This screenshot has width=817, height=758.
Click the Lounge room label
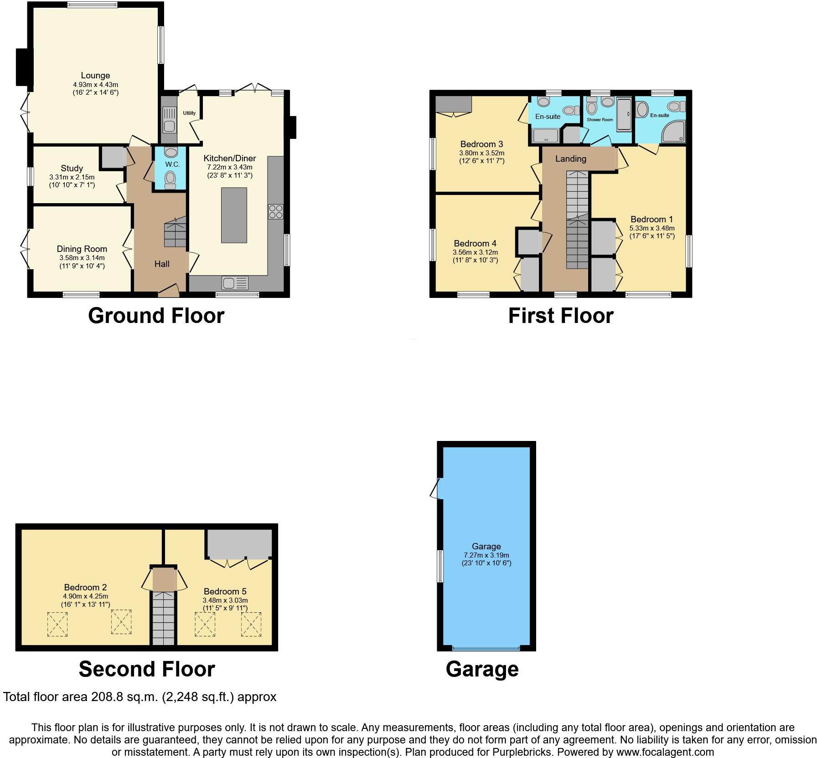[x=95, y=76]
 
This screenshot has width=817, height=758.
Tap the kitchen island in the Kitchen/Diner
[x=234, y=215]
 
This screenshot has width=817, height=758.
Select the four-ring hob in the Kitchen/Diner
[x=276, y=211]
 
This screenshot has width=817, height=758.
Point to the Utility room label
[x=189, y=113]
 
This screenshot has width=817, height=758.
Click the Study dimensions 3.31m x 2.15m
[x=72, y=177]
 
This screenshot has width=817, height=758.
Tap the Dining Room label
[x=82, y=249]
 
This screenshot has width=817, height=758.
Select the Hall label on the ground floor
[x=162, y=264]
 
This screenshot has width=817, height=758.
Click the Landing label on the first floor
[x=570, y=159]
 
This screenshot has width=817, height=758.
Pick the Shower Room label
[x=600, y=120]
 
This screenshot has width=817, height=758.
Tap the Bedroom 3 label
[x=481, y=144]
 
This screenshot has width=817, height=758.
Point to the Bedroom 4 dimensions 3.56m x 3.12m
[x=475, y=252]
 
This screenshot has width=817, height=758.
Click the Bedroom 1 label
[x=652, y=220]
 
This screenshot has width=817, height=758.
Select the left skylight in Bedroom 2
[x=57, y=624]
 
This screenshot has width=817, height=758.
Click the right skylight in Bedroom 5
[x=251, y=624]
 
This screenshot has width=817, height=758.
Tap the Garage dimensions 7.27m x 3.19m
[x=486, y=555]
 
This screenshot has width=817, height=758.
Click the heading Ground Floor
[x=156, y=316]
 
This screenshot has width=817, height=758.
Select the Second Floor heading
[x=146, y=669]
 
